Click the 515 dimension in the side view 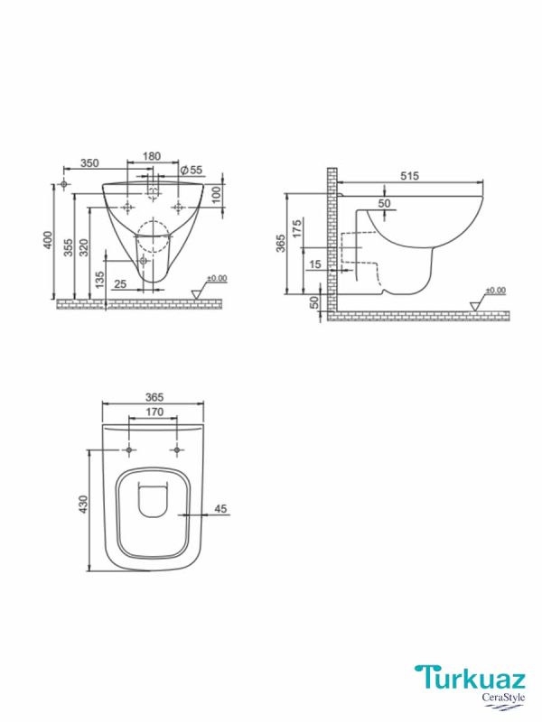point(409,175)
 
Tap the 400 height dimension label point(48,240)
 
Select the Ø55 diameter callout point(192,170)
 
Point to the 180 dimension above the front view point(152,156)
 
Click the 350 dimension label point(89,163)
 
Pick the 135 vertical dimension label point(99,280)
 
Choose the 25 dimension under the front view point(120,284)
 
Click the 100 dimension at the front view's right point(217,195)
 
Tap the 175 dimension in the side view point(296,229)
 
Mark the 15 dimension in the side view point(315,264)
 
